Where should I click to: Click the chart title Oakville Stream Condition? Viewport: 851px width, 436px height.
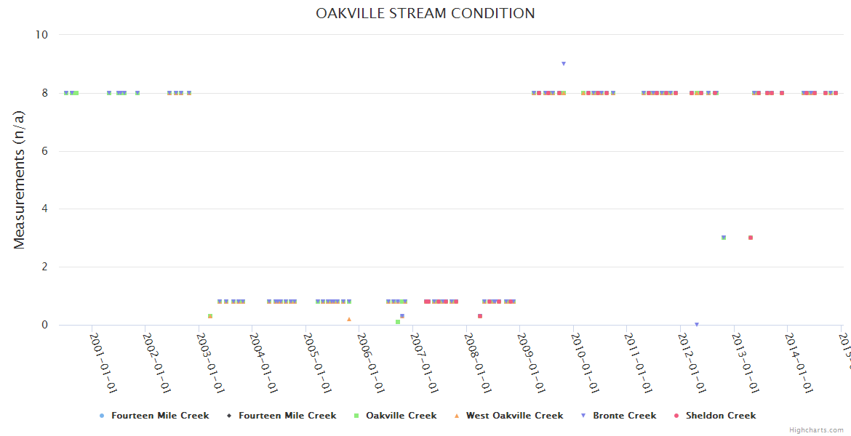(425, 14)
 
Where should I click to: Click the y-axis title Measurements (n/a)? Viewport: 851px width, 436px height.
(20, 179)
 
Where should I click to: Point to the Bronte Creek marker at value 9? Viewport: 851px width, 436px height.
(564, 64)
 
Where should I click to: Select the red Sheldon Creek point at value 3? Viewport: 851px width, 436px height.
(750, 238)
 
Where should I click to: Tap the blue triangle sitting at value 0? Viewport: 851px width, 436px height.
(696, 325)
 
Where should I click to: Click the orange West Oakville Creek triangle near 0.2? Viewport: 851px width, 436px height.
(349, 319)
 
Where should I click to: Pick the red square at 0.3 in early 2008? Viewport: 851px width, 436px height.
(480, 316)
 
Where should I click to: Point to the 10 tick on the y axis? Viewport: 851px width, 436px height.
(41, 35)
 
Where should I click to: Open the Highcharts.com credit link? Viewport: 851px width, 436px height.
(816, 430)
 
